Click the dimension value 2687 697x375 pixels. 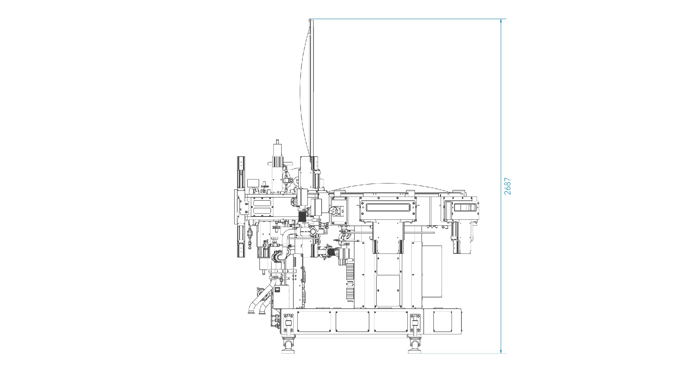click(508, 186)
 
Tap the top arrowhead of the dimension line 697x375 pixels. click(501, 21)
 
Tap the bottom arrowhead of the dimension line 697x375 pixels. click(501, 350)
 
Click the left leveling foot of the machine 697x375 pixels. click(288, 346)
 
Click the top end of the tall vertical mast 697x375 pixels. click(311, 20)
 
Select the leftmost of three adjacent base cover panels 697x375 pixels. click(314, 321)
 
